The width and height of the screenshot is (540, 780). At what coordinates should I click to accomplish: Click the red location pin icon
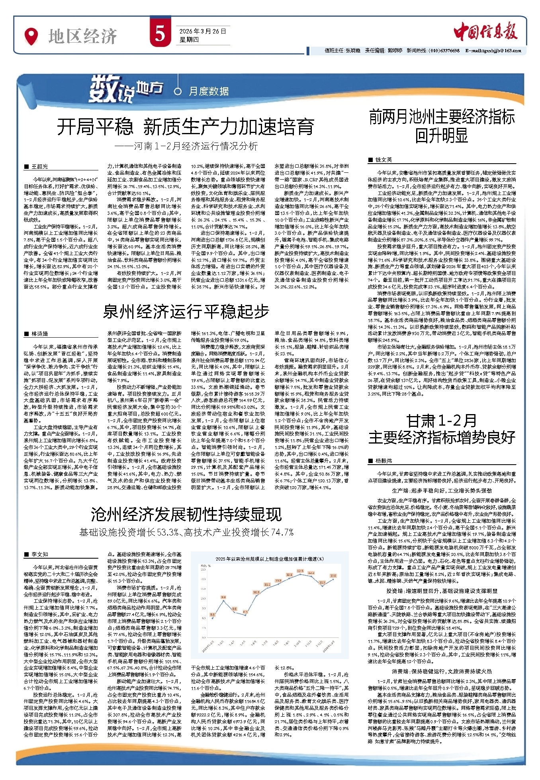(31, 36)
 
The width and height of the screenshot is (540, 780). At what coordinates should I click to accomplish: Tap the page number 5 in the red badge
(160, 34)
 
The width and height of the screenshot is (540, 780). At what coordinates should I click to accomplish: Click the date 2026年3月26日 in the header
(203, 31)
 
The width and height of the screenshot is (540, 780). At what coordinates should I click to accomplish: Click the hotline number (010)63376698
(444, 51)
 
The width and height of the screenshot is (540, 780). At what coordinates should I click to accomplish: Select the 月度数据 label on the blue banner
(209, 92)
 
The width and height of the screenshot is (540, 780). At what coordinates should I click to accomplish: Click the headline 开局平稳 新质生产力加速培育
(186, 127)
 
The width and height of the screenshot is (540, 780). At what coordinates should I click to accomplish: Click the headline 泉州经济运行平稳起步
(186, 311)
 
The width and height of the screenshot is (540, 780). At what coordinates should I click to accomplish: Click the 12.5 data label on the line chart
(300, 571)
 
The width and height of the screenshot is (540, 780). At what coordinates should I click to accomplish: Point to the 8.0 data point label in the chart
(213, 615)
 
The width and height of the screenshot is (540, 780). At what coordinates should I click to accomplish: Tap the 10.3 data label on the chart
(256, 592)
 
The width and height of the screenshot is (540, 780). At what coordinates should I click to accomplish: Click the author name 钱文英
(383, 160)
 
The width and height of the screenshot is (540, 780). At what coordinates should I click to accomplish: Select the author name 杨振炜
(383, 461)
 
